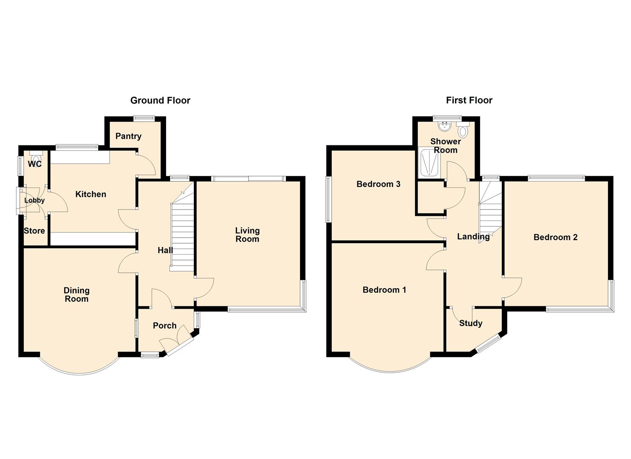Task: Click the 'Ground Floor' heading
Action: (160, 100)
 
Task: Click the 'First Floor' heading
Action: (469, 100)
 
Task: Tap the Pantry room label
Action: (128, 136)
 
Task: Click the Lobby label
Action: (34, 200)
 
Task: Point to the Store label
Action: (34, 231)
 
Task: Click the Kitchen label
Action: (91, 194)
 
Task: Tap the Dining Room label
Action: (76, 295)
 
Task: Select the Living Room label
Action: (247, 235)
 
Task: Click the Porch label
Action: (164, 326)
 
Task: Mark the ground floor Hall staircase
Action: (182, 234)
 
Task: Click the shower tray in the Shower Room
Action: (429, 163)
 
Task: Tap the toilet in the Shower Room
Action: (463, 129)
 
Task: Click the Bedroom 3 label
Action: (378, 184)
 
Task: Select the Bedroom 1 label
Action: (384, 290)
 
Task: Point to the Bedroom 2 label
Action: (555, 237)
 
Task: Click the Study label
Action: (471, 323)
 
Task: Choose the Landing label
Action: (473, 237)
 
